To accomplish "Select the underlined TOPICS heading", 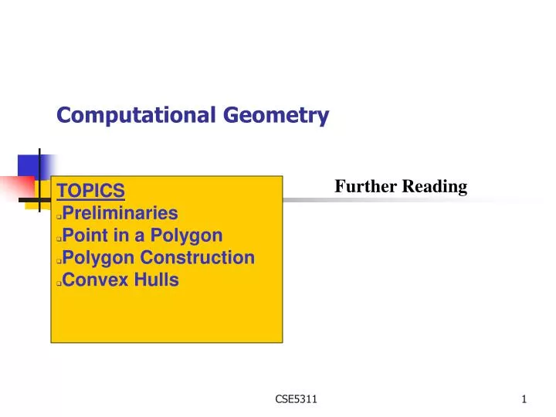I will (x=91, y=190).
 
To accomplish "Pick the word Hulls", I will (x=154, y=280).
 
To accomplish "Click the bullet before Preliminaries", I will (x=59, y=215).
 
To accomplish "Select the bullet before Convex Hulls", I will (x=59, y=283).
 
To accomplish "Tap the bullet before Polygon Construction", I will (x=59, y=260).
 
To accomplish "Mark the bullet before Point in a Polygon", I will (x=59, y=238).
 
